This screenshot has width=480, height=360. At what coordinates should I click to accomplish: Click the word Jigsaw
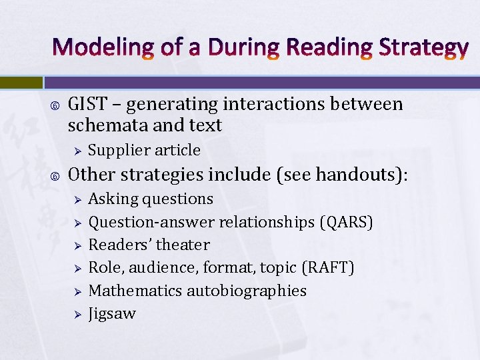(x=112, y=314)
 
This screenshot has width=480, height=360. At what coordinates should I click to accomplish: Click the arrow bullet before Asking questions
(x=77, y=199)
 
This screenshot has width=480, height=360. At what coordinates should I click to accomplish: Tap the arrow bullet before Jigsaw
(x=77, y=314)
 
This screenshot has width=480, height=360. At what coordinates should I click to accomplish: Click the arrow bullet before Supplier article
(x=77, y=151)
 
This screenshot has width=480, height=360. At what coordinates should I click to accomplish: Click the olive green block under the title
(x=21, y=82)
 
